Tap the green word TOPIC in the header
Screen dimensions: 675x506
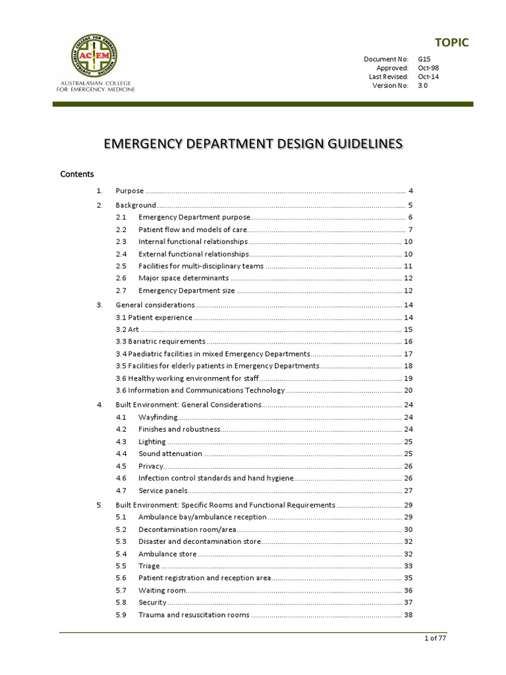(x=453, y=43)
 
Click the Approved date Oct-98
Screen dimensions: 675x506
(x=426, y=68)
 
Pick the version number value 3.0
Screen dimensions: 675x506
(x=422, y=85)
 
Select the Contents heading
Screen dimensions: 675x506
(x=77, y=174)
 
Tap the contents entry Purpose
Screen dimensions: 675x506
(x=130, y=191)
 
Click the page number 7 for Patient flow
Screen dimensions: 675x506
(x=410, y=229)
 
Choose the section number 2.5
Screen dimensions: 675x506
(x=121, y=266)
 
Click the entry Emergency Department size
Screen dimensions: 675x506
(x=186, y=291)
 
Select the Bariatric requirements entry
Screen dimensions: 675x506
(x=161, y=341)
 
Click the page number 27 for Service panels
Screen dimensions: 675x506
(x=408, y=490)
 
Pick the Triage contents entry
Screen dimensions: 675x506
(x=149, y=566)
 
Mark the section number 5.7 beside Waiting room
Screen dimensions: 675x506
(x=121, y=591)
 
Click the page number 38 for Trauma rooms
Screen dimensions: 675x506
(x=408, y=615)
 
